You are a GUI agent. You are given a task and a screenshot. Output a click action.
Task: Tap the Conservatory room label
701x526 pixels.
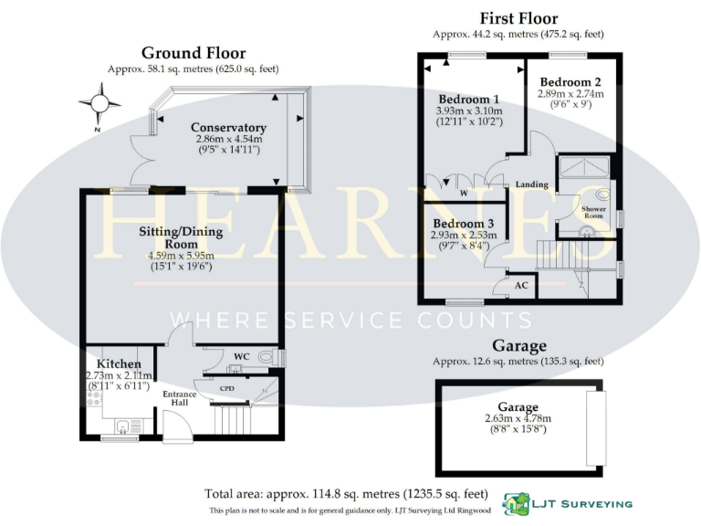[228, 127]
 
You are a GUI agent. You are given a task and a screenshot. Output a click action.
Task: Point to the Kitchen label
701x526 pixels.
[119, 364]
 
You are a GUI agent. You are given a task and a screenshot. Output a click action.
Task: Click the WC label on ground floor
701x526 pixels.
[242, 355]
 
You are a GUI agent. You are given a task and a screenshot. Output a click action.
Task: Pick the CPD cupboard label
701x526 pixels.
[227, 388]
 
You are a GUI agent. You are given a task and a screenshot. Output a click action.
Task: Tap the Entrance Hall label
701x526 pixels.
[180, 398]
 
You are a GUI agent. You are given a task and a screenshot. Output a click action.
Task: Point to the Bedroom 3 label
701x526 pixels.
[464, 224]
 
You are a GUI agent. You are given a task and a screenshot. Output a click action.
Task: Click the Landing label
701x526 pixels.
[532, 184]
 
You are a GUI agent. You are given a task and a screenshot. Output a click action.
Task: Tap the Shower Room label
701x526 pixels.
[593, 214]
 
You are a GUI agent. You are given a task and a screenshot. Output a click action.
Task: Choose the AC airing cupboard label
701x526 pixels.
[522, 285]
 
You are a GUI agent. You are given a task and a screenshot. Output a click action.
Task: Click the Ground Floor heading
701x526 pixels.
[193, 53]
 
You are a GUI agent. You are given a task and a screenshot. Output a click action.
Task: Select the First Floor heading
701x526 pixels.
[518, 18]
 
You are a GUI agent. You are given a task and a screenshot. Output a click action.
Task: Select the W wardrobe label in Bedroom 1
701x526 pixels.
[464, 193]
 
